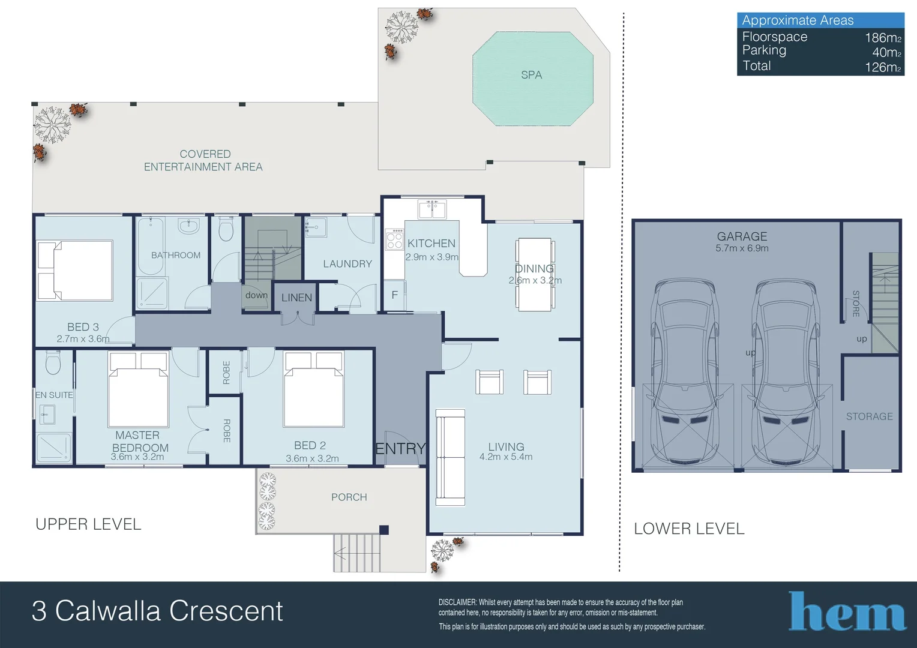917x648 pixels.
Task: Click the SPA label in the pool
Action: [x=531, y=75]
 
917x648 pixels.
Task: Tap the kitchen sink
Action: [x=432, y=209]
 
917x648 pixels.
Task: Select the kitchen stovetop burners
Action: [x=395, y=239]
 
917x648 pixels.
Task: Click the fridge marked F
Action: [x=395, y=295]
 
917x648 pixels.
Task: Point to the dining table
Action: [x=535, y=274]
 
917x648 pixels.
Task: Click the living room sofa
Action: [x=450, y=457]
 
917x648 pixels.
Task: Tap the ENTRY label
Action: [x=400, y=449]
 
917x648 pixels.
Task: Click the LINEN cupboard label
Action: [x=297, y=298]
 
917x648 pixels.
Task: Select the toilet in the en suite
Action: [x=53, y=362]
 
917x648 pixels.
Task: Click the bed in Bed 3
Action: [x=75, y=270]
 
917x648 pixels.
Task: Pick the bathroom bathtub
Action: [x=150, y=246]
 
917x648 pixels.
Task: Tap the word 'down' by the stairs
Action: [x=257, y=295]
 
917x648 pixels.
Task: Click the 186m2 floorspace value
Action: [x=883, y=38]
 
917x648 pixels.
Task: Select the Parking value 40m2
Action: [x=887, y=52]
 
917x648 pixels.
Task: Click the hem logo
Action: [x=847, y=611]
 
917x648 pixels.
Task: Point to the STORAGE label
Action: [x=870, y=416]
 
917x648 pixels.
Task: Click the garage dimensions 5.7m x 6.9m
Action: [x=742, y=248]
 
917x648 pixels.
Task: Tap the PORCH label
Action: [x=349, y=497]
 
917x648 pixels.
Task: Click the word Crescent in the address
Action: [x=226, y=611]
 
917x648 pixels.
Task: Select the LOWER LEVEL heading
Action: [x=690, y=529]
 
